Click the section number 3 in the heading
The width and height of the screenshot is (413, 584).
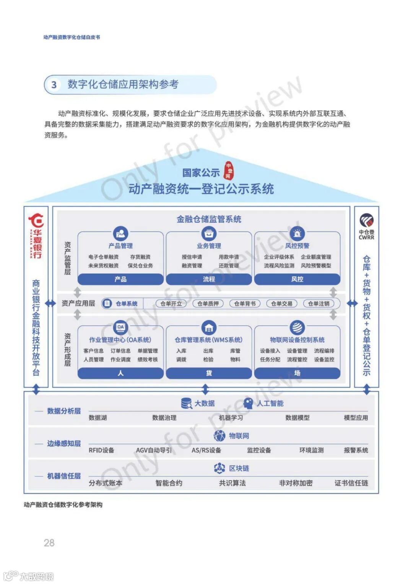(54, 84)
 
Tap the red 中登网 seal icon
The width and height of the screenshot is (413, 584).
(228, 170)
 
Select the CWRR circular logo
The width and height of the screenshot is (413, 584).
(366, 221)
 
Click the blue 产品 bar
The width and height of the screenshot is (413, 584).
(120, 279)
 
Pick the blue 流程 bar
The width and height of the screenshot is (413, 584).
(209, 279)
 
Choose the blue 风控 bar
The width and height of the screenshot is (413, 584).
(297, 279)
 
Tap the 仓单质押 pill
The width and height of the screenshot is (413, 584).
(208, 304)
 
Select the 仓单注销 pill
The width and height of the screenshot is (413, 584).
(319, 304)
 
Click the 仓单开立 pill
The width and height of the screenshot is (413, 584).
(171, 304)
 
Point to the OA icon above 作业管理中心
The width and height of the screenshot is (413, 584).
(120, 327)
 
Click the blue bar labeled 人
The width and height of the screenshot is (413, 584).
(120, 373)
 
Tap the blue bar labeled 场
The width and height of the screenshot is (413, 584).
(297, 373)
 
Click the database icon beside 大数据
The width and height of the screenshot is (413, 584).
(186, 403)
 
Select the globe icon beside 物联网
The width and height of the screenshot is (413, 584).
(220, 436)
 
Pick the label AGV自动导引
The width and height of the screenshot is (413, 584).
(154, 450)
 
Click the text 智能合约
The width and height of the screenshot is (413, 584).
(169, 483)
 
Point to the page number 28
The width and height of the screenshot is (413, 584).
(49, 543)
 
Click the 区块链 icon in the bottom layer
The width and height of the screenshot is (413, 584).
(220, 468)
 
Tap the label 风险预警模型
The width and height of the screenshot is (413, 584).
(316, 266)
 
